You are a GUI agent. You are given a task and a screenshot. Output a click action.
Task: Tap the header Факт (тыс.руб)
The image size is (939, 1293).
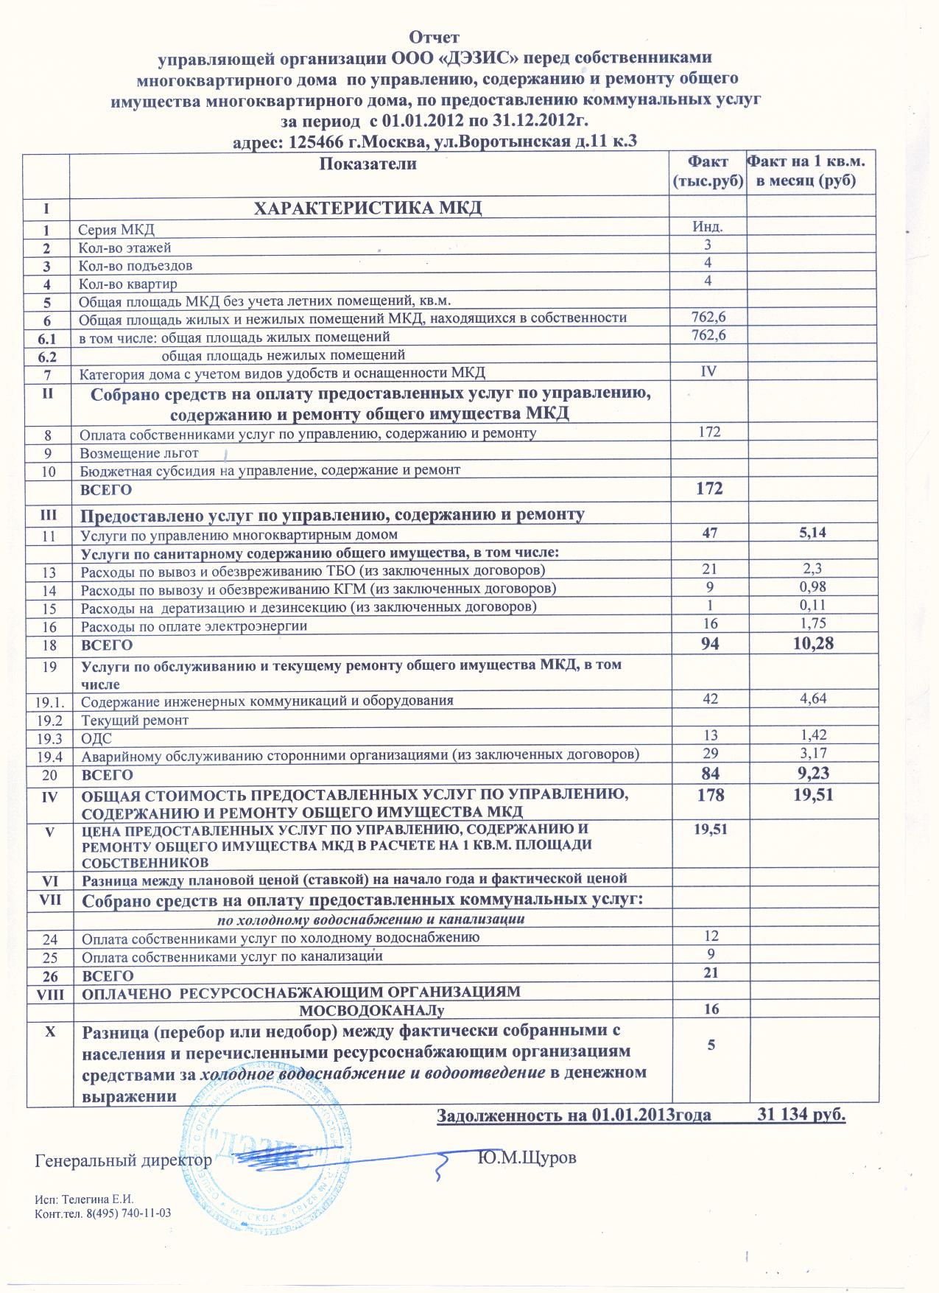pos(707,172)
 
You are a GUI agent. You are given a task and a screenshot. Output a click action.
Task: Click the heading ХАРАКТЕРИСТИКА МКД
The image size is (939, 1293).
pos(367,208)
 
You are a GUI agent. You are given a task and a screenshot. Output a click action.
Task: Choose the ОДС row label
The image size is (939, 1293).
pos(96,737)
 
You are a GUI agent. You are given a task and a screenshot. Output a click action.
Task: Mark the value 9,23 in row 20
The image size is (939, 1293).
pos(810,774)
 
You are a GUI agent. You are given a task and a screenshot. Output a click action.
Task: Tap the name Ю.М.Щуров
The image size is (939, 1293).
pos(527,1157)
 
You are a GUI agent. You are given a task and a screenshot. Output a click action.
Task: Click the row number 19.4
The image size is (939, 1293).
pos(48,755)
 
